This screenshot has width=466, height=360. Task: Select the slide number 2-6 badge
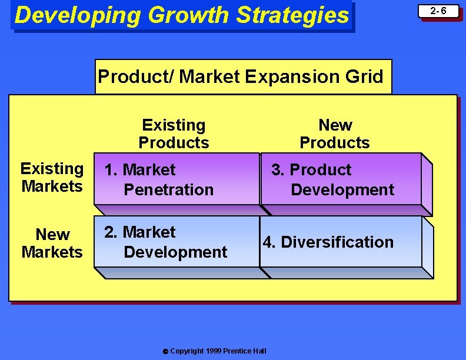(438, 11)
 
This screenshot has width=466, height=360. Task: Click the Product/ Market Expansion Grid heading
(241, 76)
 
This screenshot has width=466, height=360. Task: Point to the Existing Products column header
(174, 134)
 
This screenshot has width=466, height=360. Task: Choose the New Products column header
(335, 134)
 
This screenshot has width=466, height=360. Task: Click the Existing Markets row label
(52, 177)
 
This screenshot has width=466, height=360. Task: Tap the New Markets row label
(52, 243)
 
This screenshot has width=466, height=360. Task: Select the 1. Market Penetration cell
(177, 179)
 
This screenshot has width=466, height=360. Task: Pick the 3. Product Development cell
(341, 179)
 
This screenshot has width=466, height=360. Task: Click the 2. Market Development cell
(177, 242)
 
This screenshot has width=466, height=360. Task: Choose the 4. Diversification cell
(341, 242)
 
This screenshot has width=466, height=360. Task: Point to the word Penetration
(168, 189)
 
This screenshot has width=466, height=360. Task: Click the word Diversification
(337, 242)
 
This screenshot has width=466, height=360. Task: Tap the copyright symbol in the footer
(165, 351)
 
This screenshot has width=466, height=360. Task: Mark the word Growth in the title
(188, 15)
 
